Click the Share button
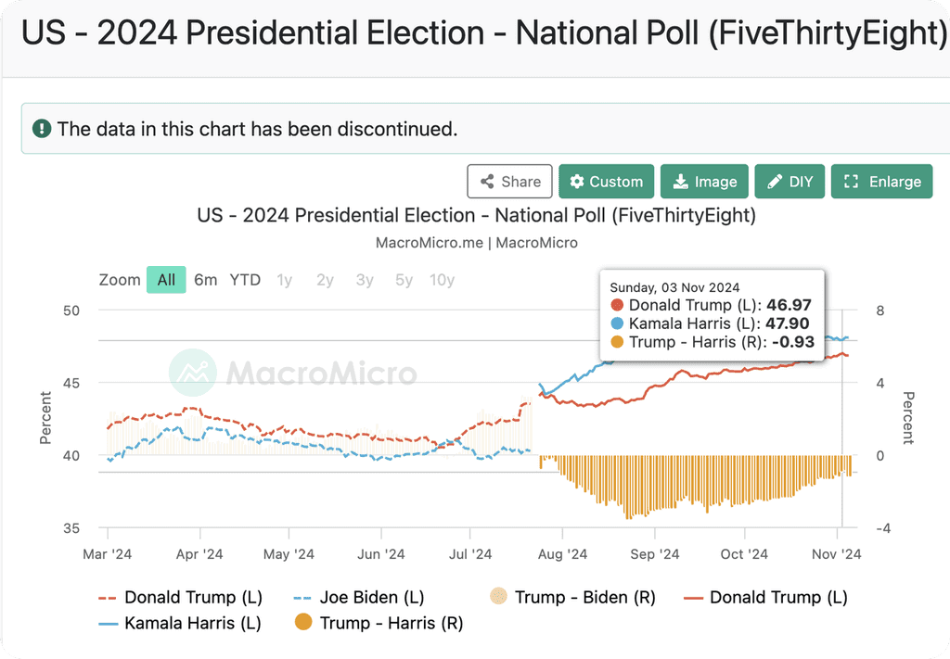(509, 182)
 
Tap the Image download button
(705, 182)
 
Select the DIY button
(790, 182)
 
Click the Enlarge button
(881, 182)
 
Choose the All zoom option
(166, 280)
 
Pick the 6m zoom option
(205, 280)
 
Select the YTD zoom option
(245, 280)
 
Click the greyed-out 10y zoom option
(442, 280)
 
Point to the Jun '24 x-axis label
(381, 553)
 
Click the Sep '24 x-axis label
(655, 553)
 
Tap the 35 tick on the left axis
(71, 528)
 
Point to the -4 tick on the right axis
(883, 528)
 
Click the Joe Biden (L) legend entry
(359, 597)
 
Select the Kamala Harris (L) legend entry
(180, 623)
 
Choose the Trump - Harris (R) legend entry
(379, 623)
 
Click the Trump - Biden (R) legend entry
(572, 597)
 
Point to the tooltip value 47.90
(787, 323)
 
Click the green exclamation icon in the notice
(42, 128)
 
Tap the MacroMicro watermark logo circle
(193, 373)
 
